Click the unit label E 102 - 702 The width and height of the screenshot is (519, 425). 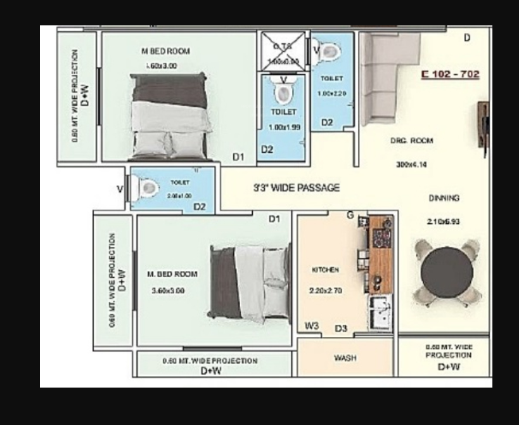[451, 75]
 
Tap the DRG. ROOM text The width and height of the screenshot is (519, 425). [411, 141]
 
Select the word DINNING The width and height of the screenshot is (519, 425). [444, 198]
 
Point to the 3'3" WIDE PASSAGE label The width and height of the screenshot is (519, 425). [297, 188]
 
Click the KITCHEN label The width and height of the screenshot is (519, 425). [325, 270]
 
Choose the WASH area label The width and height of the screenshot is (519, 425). [345, 358]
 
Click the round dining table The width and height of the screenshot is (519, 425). [447, 272]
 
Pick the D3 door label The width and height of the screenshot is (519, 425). [341, 328]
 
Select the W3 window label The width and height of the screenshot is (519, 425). [312, 327]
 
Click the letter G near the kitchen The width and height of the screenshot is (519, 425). [350, 216]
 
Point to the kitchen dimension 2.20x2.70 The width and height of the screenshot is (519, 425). [325, 291]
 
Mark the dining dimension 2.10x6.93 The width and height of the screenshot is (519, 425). [443, 221]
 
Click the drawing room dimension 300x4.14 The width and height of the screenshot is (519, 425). [411, 164]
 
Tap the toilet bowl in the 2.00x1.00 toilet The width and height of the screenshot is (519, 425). [148, 188]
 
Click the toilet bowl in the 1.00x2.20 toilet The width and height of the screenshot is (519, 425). [328, 50]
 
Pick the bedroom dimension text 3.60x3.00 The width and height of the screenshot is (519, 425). [168, 291]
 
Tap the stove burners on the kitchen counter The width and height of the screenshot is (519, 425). [381, 238]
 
